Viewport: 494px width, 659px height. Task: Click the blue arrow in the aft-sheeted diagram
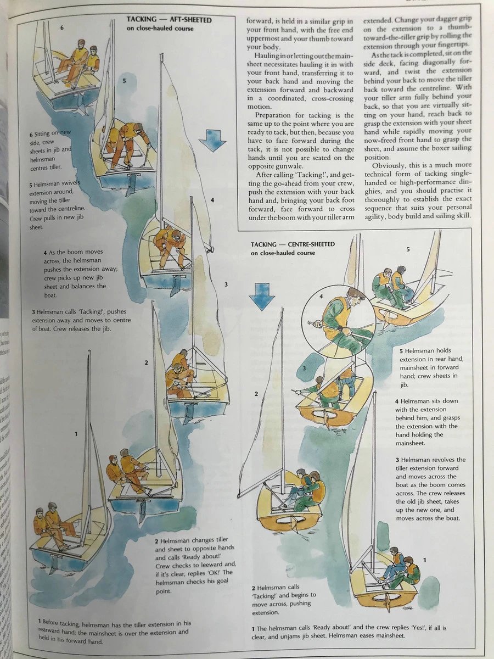(x=212, y=141)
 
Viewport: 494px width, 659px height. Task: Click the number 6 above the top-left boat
(x=62, y=27)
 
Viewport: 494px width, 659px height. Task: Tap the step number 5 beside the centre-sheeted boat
(x=408, y=249)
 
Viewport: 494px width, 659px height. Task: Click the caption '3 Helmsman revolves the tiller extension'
(x=430, y=488)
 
